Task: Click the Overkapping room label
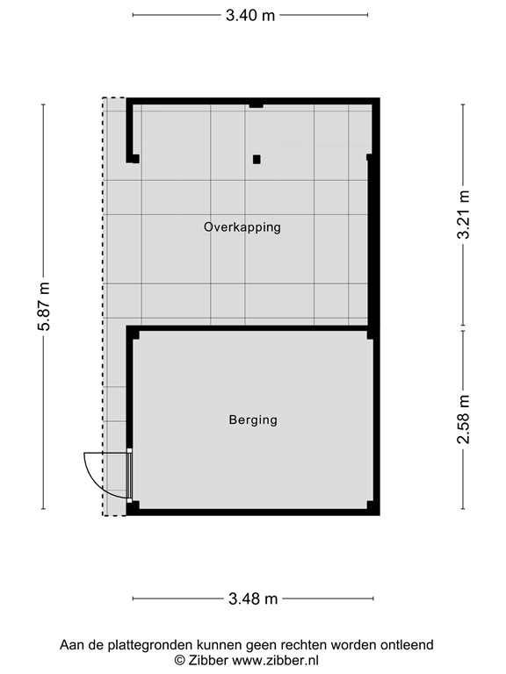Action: click(242, 226)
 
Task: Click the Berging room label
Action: click(253, 419)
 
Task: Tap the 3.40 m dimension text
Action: click(250, 15)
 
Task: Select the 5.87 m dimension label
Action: click(44, 307)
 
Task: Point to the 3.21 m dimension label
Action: click(464, 215)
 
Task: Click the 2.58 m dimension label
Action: click(464, 420)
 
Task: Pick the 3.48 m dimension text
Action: click(253, 599)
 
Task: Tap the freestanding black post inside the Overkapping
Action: click(257, 160)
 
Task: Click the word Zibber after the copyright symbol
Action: click(208, 660)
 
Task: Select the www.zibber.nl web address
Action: click(275, 660)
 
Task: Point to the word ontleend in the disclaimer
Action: click(407, 645)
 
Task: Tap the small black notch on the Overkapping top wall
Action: click(256, 104)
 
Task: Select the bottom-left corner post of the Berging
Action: click(134, 506)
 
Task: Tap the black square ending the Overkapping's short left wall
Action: click(134, 159)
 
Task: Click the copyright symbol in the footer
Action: click(179, 660)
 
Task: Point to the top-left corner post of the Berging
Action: click(134, 333)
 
